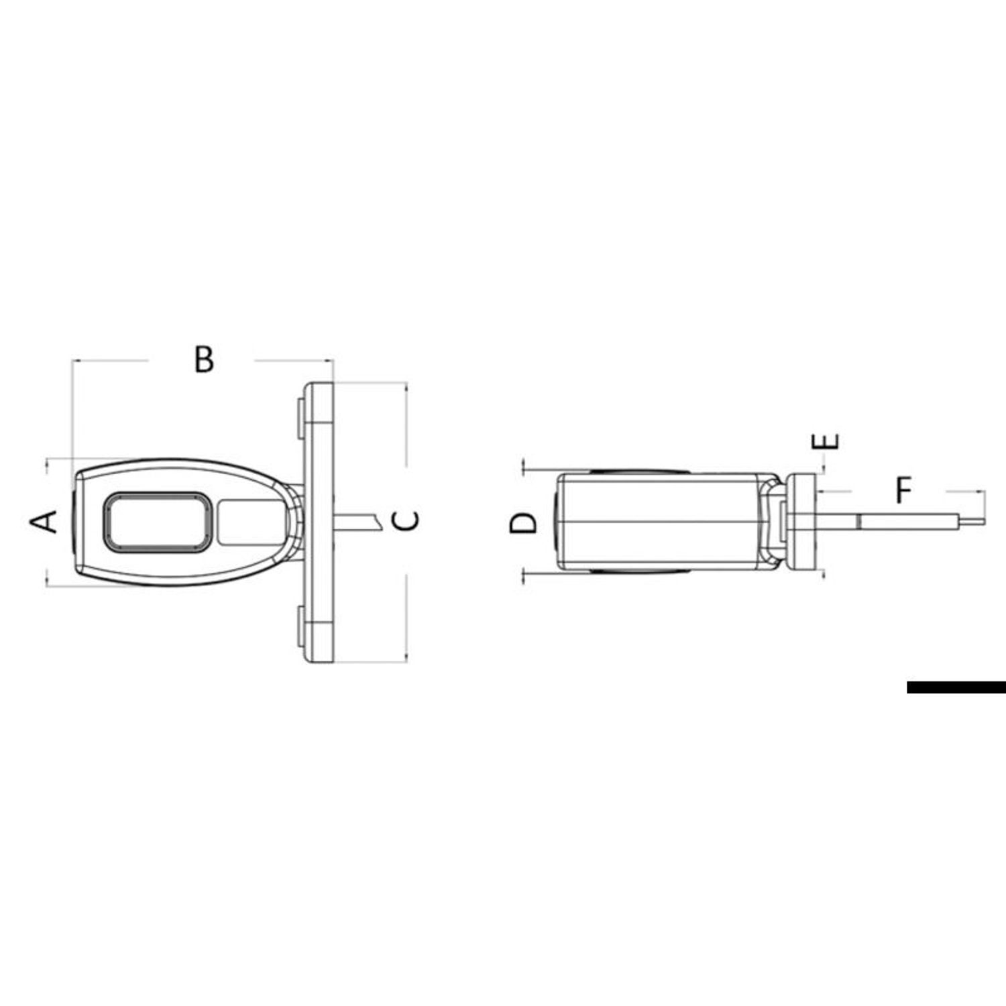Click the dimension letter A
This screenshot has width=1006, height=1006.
tap(44, 521)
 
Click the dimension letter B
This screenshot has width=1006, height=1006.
tap(204, 359)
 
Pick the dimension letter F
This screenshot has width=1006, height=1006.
tap(904, 490)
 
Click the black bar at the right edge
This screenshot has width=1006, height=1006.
tap(956, 687)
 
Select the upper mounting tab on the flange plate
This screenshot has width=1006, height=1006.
tap(300, 420)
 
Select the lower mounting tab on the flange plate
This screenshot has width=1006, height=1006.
tap(300, 626)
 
